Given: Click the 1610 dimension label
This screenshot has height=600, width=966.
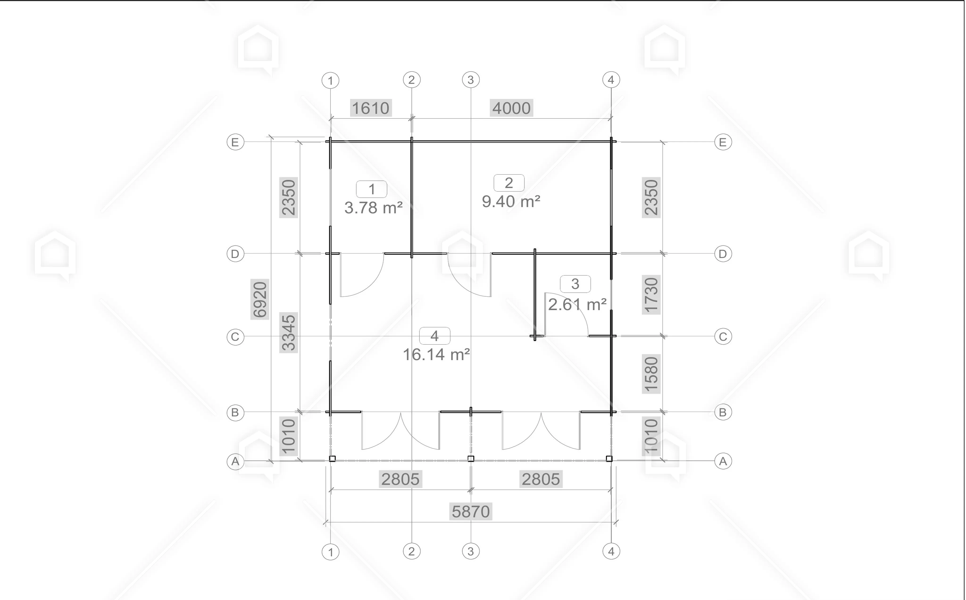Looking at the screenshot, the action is click(x=371, y=108).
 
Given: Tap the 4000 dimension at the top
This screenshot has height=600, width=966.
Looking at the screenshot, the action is click(x=511, y=108).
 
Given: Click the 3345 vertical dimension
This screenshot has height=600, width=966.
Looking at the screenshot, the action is click(x=288, y=333).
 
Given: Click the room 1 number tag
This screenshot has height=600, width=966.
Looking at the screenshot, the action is click(x=371, y=189).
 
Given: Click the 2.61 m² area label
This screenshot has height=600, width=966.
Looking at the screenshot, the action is click(x=578, y=304).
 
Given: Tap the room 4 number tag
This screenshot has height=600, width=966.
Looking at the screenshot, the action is click(x=435, y=336).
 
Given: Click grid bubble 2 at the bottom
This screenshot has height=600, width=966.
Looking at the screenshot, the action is click(x=412, y=551).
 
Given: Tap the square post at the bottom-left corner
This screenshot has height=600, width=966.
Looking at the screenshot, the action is click(x=333, y=459).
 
